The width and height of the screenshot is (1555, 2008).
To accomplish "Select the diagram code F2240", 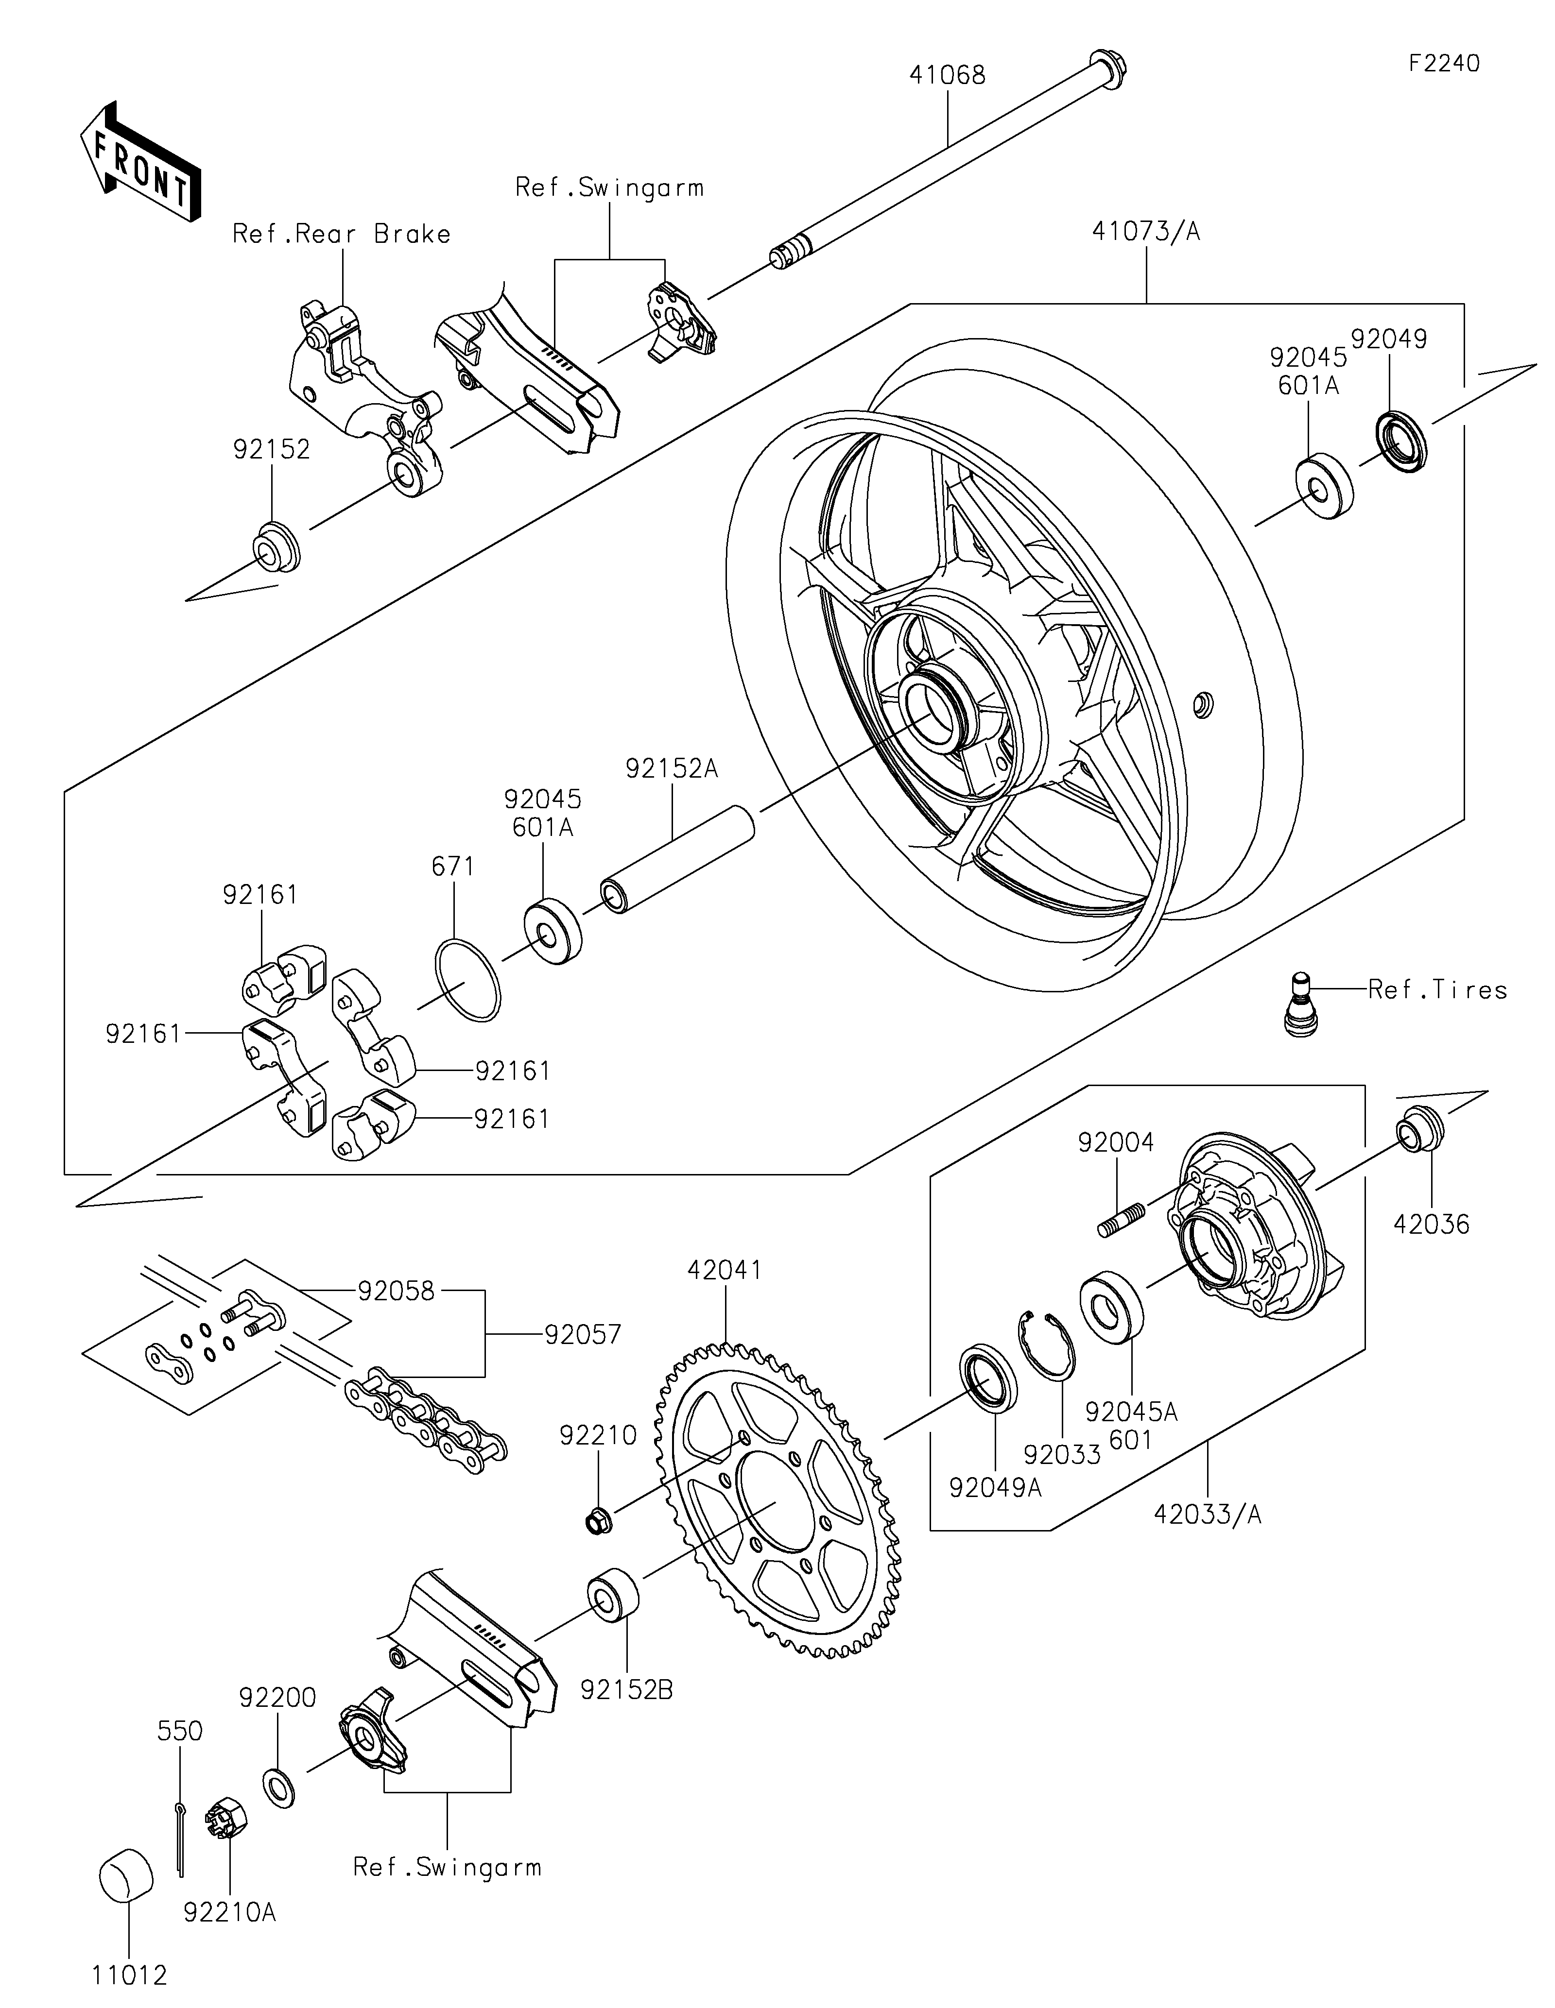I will pyautogui.click(x=1444, y=64).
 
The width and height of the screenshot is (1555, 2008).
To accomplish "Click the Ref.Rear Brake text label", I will pyautogui.click(x=341, y=235).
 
